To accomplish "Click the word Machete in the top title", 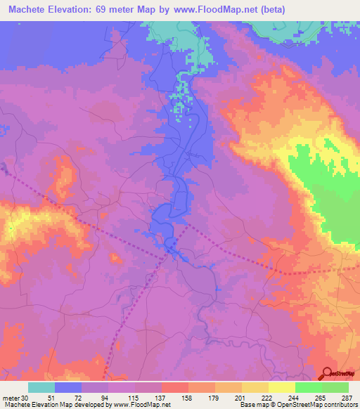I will pos(30,11).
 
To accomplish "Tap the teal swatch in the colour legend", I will pos(41,388).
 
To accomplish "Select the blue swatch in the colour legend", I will pos(68,388).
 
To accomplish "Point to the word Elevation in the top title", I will pos(78,11).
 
